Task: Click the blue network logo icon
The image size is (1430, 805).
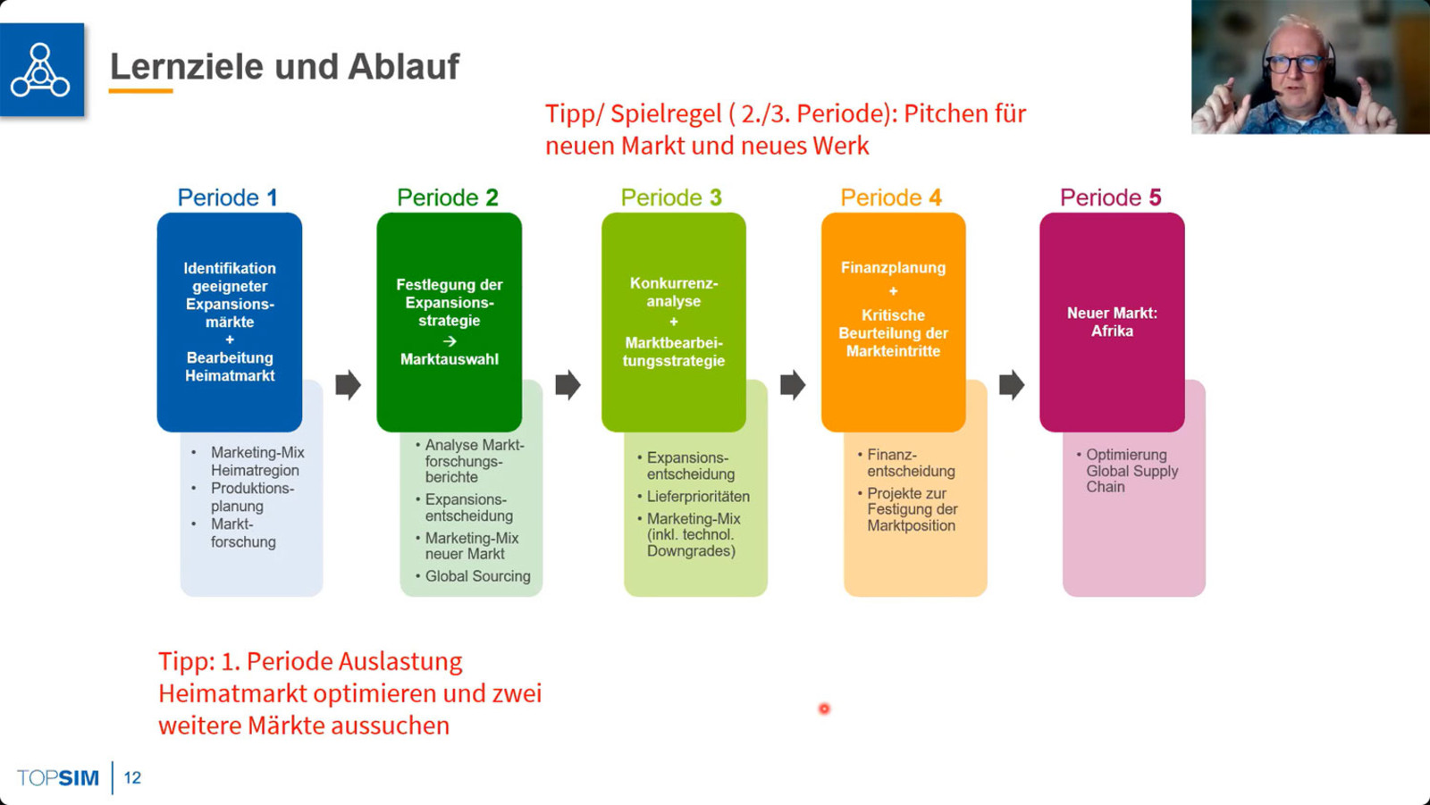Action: pos(41,70)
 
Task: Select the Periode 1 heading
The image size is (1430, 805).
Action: pos(227,197)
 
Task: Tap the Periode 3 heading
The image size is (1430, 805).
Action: pos(671,197)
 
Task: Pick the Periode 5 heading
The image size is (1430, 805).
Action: pos(1110,197)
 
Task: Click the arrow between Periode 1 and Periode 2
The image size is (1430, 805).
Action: pos(348,385)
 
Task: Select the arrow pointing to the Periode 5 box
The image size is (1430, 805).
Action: pos(1011,385)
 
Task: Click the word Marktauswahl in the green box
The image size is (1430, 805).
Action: pos(450,359)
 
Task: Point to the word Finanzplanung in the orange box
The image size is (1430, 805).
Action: pos(893,267)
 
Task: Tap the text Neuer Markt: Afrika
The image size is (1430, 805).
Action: pos(1112,322)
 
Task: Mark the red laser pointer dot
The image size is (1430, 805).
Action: pos(824,709)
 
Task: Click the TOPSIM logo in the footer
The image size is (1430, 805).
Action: pos(58,777)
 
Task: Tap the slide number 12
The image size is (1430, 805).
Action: pos(132,777)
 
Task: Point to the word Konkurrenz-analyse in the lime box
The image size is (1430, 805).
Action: pos(674,292)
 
